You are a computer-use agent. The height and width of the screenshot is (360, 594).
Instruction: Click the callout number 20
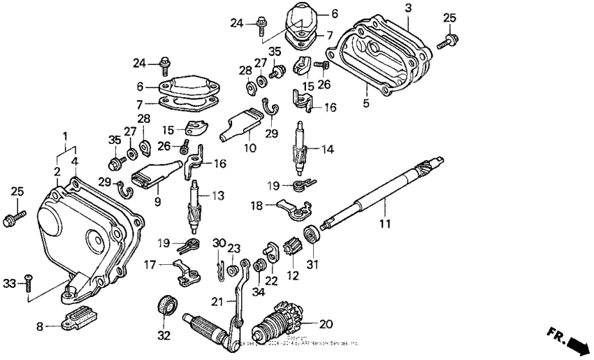[x=326, y=324]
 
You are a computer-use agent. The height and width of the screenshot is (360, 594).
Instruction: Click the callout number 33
[x=8, y=282]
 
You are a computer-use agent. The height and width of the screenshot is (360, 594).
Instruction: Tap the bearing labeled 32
[x=166, y=307]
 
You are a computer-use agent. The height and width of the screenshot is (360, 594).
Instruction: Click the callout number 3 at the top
[x=408, y=7]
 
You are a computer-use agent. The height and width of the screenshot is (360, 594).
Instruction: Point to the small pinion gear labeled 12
[x=294, y=248]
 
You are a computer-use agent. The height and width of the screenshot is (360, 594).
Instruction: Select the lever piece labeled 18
[x=291, y=206]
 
